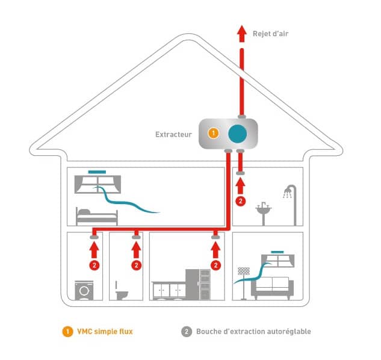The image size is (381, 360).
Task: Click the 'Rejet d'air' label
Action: [x=270, y=34]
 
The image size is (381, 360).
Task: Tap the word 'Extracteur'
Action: [x=173, y=134]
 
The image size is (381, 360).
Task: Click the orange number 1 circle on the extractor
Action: [x=213, y=133]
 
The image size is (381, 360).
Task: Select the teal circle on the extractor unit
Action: [x=237, y=134]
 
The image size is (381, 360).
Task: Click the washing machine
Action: [x=84, y=290]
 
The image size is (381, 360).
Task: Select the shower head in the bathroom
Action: [x=288, y=192]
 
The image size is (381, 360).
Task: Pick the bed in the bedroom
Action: [x=97, y=216]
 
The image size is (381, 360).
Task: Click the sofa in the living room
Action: [x=273, y=288]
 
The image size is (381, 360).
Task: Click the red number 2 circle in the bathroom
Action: [x=241, y=201]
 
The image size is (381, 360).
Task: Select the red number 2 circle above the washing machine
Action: [x=94, y=265]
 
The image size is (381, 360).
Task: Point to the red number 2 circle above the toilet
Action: [x=136, y=265]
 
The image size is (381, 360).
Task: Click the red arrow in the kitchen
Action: [x=215, y=250]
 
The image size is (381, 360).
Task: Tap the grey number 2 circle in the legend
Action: [x=187, y=332]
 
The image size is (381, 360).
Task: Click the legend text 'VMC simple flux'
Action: [x=105, y=332]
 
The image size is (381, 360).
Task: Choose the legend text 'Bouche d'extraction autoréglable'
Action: [x=253, y=332]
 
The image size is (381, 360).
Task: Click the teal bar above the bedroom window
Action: [x=97, y=172]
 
